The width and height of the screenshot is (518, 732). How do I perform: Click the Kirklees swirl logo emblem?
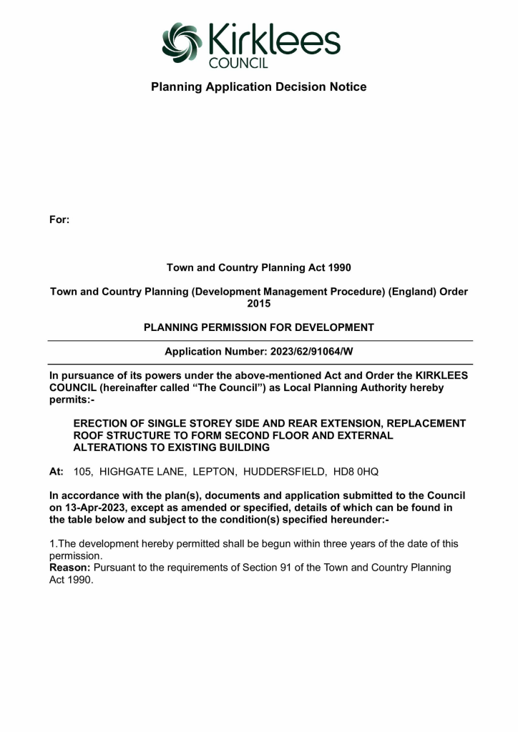point(183,42)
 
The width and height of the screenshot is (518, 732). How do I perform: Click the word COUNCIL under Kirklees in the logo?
point(238,64)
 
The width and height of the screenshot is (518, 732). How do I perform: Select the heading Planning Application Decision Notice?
point(258,87)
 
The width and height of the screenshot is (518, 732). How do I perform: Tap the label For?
point(59,219)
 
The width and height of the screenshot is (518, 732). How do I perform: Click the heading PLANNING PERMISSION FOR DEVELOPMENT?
point(258,327)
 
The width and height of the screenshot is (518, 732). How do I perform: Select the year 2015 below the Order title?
point(258,304)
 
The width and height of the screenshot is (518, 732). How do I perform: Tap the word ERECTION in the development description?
point(105,423)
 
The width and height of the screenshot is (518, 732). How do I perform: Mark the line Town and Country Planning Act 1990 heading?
point(258,267)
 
